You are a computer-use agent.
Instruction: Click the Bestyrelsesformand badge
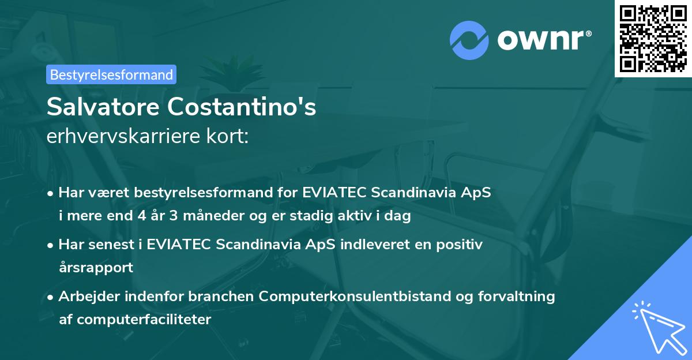pos(111,74)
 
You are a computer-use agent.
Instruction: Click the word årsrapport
pos(96,267)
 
